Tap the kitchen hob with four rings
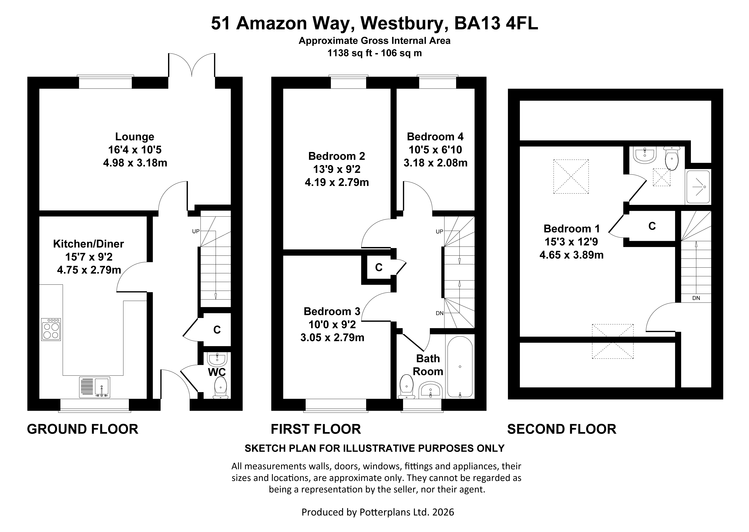(x=51, y=329)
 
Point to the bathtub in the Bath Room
(x=460, y=367)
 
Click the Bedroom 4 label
(x=435, y=137)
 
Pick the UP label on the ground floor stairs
(x=196, y=231)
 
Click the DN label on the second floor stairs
(x=696, y=298)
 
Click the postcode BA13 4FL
(x=496, y=24)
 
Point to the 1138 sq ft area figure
(x=350, y=53)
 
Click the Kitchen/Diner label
(x=89, y=244)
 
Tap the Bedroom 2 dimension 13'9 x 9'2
(x=337, y=169)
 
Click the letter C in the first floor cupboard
(x=379, y=267)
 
